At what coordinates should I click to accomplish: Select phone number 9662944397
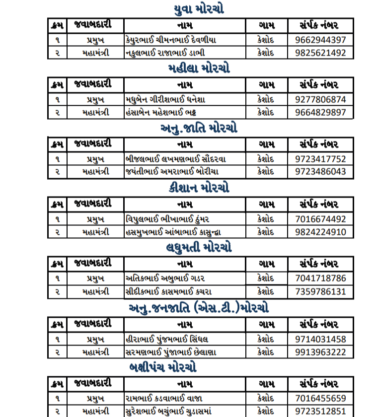pos(320,39)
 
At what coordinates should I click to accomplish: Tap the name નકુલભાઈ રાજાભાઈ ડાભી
pos(165,53)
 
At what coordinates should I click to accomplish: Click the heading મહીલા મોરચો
pos(199,68)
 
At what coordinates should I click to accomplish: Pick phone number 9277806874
pos(320,99)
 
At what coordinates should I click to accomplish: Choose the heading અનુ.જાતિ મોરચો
pos(199,128)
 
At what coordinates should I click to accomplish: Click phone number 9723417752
pos(320,159)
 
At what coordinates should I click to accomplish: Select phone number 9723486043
pos(320,172)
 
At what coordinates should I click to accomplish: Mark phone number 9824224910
pos(320,232)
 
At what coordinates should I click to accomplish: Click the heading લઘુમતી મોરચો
pos(199,247)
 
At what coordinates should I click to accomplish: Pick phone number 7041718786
pos(320,278)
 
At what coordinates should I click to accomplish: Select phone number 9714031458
pos(320,339)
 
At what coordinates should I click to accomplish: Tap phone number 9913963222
pos(320,352)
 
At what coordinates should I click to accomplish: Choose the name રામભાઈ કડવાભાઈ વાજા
pos(164,398)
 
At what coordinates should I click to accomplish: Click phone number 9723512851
pos(320,411)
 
